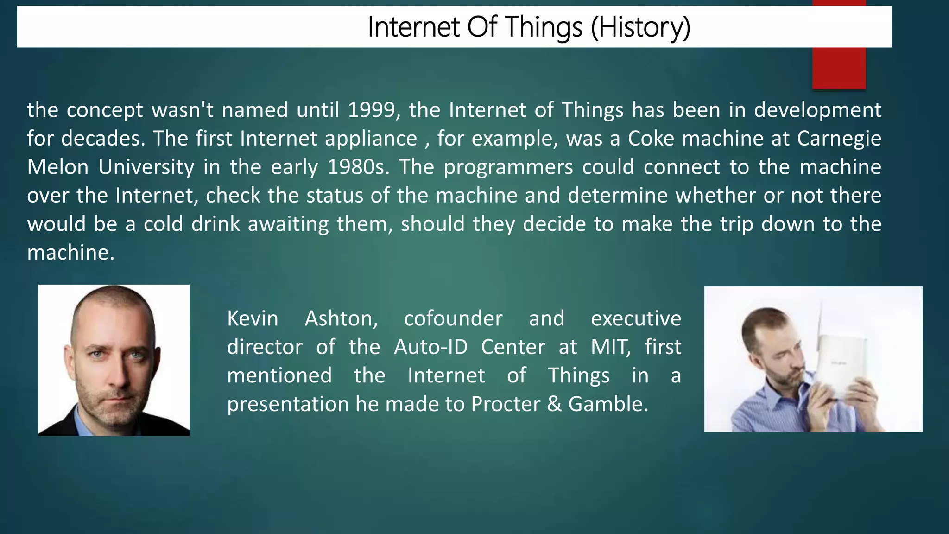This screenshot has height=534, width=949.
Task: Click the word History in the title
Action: (x=641, y=27)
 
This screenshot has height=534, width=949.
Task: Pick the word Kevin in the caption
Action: (x=253, y=319)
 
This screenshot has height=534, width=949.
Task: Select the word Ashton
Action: (x=341, y=319)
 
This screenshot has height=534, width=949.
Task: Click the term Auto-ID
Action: (x=430, y=347)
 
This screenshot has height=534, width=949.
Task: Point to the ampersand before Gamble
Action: (x=554, y=404)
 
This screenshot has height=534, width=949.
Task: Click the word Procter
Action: (x=505, y=404)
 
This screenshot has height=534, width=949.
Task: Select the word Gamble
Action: (x=607, y=404)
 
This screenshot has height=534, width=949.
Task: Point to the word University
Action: (x=146, y=167)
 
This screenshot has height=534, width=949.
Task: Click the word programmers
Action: (x=508, y=167)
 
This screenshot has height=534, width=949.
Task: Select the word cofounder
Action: (x=453, y=319)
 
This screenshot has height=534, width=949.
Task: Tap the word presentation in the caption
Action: (x=288, y=404)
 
